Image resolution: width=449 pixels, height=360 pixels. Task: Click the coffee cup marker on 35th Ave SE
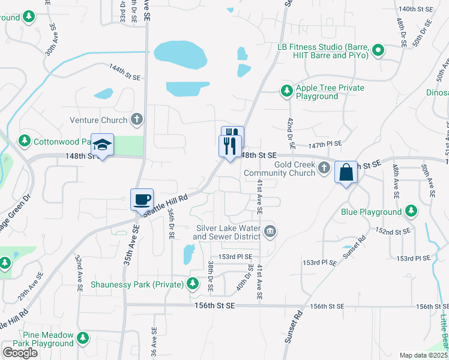pos(142,200)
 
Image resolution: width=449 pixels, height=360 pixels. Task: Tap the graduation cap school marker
pos(103,145)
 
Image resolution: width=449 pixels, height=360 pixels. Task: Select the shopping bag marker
pos(346,172)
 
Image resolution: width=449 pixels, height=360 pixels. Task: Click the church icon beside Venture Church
pos(137,119)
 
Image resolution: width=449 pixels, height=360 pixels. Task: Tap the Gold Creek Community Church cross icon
pos(324,169)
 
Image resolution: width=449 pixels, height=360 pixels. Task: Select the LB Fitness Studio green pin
pos(378,51)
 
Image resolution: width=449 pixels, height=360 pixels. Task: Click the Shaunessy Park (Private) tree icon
pos(193,283)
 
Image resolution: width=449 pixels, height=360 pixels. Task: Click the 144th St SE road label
pos(124,70)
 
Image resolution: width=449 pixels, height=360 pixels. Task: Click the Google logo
pos(20,353)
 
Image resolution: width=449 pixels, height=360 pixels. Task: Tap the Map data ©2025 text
pos(424,355)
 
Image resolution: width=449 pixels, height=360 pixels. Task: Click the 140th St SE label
pos(415,9)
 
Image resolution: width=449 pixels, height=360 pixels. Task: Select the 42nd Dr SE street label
pos(290,133)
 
